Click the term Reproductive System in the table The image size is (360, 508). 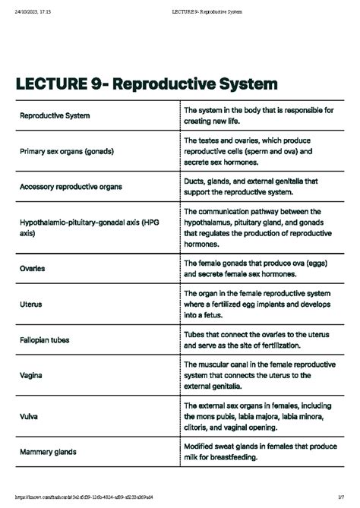click(x=54, y=116)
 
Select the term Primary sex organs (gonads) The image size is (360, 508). click(x=68, y=152)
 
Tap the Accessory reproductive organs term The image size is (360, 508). click(x=71, y=186)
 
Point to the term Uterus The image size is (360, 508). click(x=30, y=304)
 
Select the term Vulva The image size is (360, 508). click(x=29, y=416)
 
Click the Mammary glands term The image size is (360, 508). click(x=48, y=452)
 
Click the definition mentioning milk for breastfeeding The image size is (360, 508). click(x=258, y=452)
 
